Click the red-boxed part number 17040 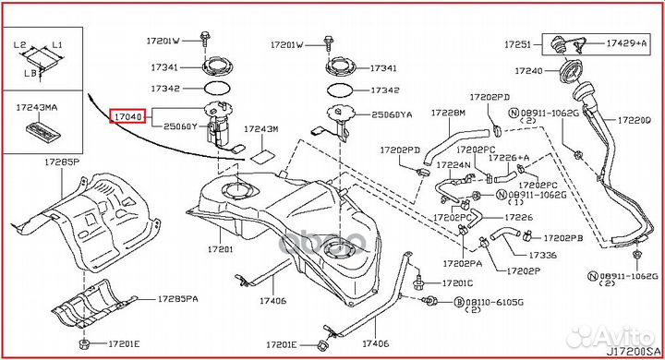[x=127, y=117]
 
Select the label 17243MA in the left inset [x=38, y=108]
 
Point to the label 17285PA [x=176, y=299]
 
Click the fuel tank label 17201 [x=220, y=249]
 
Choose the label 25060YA [x=391, y=114]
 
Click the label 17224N [x=453, y=165]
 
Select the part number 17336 [x=543, y=255]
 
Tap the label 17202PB [x=562, y=237]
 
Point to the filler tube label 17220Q [x=635, y=120]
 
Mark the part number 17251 [x=517, y=43]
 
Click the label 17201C [x=457, y=283]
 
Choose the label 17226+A [x=510, y=158]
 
